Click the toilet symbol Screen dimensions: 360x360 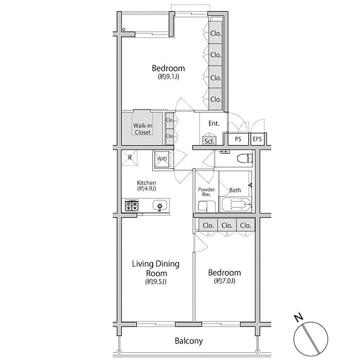click(x=245, y=158)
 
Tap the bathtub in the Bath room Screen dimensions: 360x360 click(x=236, y=204)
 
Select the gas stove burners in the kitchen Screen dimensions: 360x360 click(x=132, y=205)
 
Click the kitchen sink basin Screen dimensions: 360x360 click(x=159, y=206)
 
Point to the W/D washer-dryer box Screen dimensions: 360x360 click(x=163, y=158)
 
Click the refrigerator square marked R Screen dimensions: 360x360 click(x=130, y=158)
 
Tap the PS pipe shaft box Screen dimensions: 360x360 click(x=238, y=139)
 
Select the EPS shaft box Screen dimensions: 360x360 click(x=257, y=139)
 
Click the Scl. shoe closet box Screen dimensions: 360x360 click(x=209, y=141)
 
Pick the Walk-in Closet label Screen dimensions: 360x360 click(x=142, y=129)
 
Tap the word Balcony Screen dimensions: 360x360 click(x=189, y=341)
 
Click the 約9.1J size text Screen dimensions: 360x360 click(x=169, y=77)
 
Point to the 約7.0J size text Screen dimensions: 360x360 click(x=225, y=281)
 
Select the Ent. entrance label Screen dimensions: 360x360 click(x=214, y=123)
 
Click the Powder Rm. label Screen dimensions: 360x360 click(x=206, y=192)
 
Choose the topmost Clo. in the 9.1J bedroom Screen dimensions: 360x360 click(x=215, y=33)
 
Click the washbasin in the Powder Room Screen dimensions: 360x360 click(x=207, y=206)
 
